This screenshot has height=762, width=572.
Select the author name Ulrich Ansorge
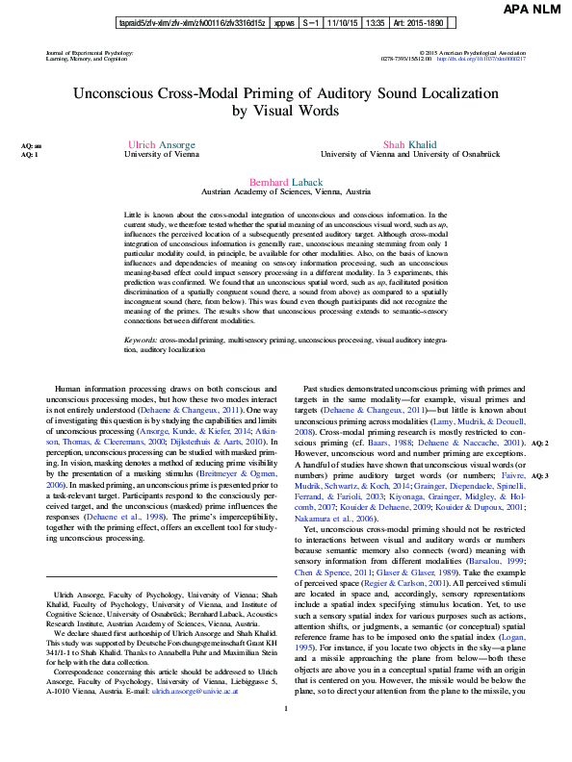tap(155, 144)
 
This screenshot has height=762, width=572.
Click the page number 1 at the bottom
tap(286, 736)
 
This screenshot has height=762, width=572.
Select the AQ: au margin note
tap(32, 146)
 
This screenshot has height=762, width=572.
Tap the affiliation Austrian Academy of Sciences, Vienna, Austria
tap(286, 192)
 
